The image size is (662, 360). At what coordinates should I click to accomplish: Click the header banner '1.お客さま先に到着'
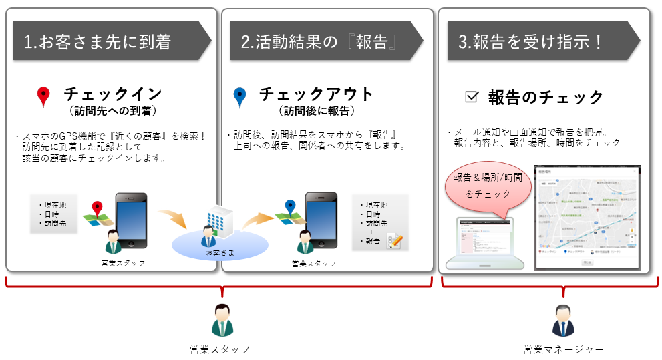tap(107, 41)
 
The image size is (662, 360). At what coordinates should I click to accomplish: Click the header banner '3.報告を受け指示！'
tap(534, 41)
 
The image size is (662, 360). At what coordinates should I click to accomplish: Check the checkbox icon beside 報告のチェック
tap(472, 98)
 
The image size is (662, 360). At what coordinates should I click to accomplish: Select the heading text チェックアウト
tap(316, 94)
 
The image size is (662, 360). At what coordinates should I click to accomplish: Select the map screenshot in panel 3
tap(587, 218)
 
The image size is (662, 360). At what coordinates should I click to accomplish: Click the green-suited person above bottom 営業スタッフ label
tap(220, 320)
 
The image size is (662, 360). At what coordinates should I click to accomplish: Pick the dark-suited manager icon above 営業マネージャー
tap(563, 321)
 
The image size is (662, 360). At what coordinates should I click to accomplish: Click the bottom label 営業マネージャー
tap(563, 349)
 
